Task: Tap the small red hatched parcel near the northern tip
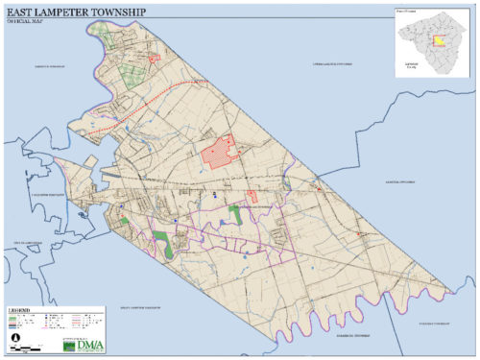click(151, 59)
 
